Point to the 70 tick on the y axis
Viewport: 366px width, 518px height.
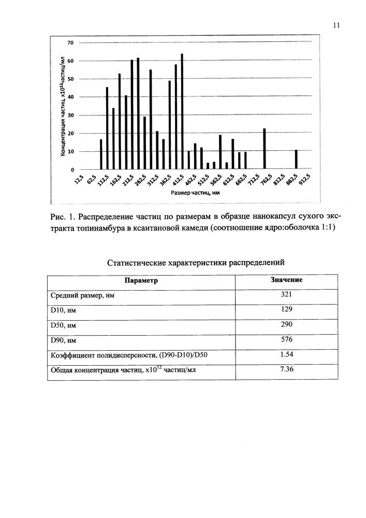[x=72, y=42]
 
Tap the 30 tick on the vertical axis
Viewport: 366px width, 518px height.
[x=72, y=116]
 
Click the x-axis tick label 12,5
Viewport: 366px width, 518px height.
[x=79, y=179]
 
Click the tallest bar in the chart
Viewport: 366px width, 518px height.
[x=182, y=111]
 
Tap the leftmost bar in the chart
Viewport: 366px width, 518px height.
[x=101, y=154]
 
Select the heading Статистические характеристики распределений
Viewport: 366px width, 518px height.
[x=196, y=263]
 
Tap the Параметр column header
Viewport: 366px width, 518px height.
[x=141, y=280]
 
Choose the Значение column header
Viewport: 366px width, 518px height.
[x=286, y=280]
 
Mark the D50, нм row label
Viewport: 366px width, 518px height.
[x=63, y=325]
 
